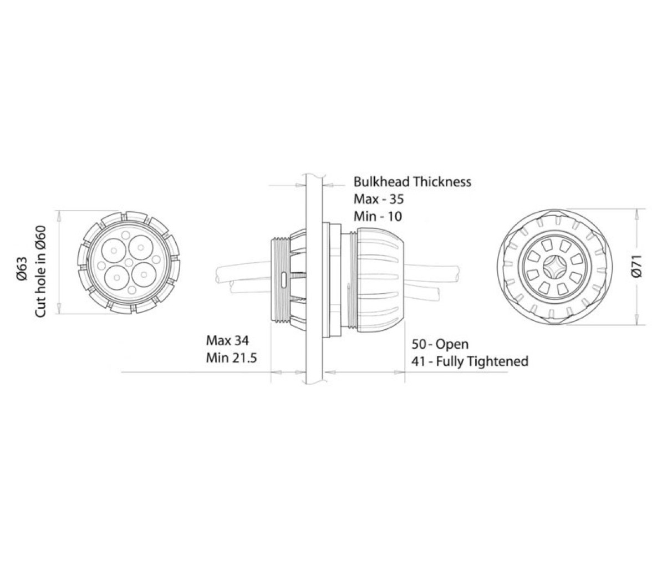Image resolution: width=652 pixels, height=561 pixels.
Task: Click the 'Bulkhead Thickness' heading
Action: (x=412, y=182)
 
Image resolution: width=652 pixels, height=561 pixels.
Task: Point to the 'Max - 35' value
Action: (x=378, y=199)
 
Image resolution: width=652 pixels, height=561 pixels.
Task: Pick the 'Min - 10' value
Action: (x=378, y=216)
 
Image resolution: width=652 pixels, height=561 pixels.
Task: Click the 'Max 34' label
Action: (x=227, y=340)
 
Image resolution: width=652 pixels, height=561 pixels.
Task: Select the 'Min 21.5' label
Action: (x=232, y=358)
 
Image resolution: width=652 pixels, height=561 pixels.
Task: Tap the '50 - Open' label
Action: (x=440, y=344)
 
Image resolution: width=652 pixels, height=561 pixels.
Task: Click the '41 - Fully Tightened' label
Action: (x=470, y=361)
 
